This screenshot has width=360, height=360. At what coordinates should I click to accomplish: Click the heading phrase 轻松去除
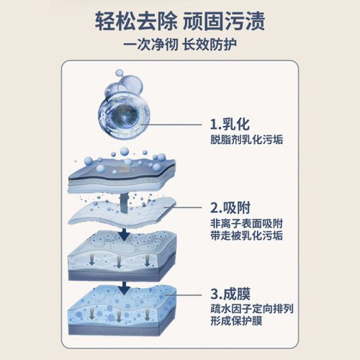(136, 22)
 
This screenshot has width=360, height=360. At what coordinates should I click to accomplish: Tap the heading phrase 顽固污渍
(224, 22)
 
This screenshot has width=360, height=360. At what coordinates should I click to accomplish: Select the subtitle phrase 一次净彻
(150, 45)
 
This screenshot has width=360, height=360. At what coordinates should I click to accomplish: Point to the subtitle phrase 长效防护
(210, 45)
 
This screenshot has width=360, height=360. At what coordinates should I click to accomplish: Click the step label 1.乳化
(230, 125)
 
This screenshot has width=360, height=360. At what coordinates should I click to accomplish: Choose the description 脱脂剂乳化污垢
(246, 140)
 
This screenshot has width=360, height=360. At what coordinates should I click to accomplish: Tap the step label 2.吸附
(230, 207)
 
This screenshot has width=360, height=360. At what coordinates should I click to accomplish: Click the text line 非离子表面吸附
(246, 224)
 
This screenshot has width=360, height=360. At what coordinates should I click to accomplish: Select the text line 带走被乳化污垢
(246, 235)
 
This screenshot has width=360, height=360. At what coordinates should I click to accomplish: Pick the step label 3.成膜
(230, 293)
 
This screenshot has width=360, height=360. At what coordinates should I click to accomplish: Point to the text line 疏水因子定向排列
(252, 309)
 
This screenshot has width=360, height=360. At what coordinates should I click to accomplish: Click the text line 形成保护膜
(236, 321)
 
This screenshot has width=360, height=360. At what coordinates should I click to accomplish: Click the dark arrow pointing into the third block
(125, 234)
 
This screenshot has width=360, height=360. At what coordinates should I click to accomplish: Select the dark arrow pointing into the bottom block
(125, 288)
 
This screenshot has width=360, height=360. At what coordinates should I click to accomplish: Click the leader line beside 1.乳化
(171, 125)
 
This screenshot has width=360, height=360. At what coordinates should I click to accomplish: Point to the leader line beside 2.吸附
(183, 207)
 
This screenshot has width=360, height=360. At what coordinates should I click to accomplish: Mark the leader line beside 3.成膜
(184, 294)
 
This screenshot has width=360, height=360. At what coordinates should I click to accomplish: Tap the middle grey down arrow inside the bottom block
(119, 317)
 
